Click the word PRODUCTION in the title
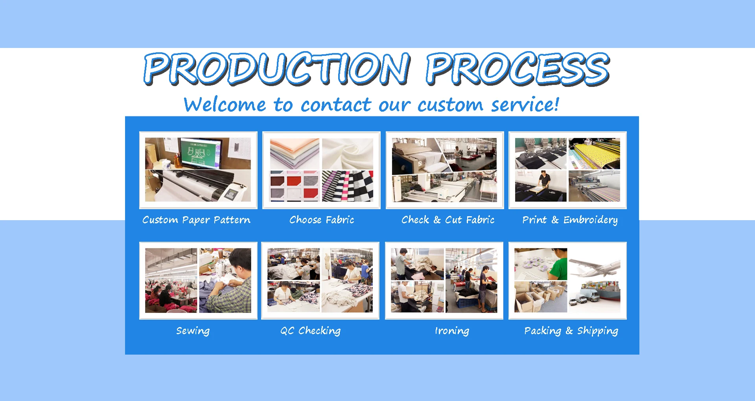[277, 69]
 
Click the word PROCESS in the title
[518, 69]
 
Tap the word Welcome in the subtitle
[225, 105]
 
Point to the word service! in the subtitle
[525, 104]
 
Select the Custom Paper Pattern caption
[196, 220]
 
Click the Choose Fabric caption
[322, 219]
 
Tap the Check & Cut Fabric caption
[448, 219]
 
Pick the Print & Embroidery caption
[570, 220]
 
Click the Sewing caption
[193, 331]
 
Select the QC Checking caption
[310, 331]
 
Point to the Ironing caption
[452, 331]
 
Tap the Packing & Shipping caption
[571, 331]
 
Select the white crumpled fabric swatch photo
[348, 154]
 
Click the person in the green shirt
[558, 265]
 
